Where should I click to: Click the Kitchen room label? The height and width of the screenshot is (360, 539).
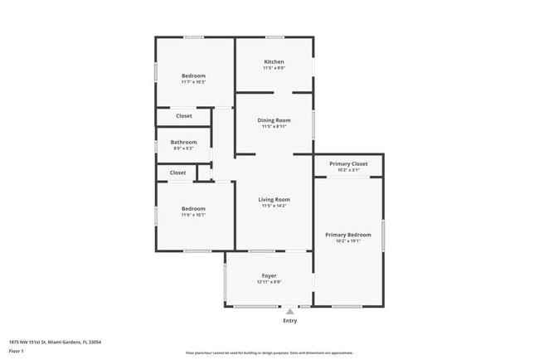[x=274, y=62]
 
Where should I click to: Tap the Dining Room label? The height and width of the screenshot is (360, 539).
[x=274, y=120]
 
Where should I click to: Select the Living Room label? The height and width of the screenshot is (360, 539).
[x=274, y=199]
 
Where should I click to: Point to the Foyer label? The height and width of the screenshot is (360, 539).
[x=269, y=275]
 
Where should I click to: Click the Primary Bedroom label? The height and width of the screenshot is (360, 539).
[x=348, y=235]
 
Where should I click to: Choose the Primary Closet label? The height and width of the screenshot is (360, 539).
[x=348, y=164]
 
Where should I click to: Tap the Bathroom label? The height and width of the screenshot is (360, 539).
[x=184, y=142]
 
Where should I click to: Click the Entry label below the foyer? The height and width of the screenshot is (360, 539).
[x=289, y=320]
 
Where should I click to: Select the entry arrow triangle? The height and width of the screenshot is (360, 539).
[x=289, y=311]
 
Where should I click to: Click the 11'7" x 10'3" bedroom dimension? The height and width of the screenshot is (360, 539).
[x=193, y=82]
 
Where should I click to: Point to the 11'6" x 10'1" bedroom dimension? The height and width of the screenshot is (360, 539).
[x=193, y=215]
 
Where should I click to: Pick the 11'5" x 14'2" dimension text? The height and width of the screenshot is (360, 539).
[x=274, y=206]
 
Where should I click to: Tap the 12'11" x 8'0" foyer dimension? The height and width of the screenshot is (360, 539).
[x=269, y=282]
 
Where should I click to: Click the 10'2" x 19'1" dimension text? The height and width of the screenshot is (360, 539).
[x=348, y=241]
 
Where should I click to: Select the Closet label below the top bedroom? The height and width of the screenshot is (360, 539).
[x=184, y=116]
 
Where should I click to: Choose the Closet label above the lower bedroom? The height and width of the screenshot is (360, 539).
[x=178, y=173]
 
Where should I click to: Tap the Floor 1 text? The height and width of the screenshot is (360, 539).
[x=17, y=351]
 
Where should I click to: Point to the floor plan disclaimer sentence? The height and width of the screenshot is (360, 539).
[x=269, y=353]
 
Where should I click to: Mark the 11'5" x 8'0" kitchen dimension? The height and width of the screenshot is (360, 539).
[x=274, y=69]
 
